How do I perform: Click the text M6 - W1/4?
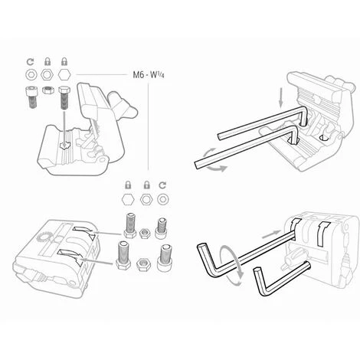(149, 75)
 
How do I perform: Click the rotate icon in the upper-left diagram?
(31, 62)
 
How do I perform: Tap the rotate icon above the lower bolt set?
(162, 185)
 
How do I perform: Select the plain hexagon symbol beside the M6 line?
(64, 75)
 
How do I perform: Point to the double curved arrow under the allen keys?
(211, 160)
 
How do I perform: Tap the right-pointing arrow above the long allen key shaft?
(272, 234)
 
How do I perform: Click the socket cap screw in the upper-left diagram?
(31, 97)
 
